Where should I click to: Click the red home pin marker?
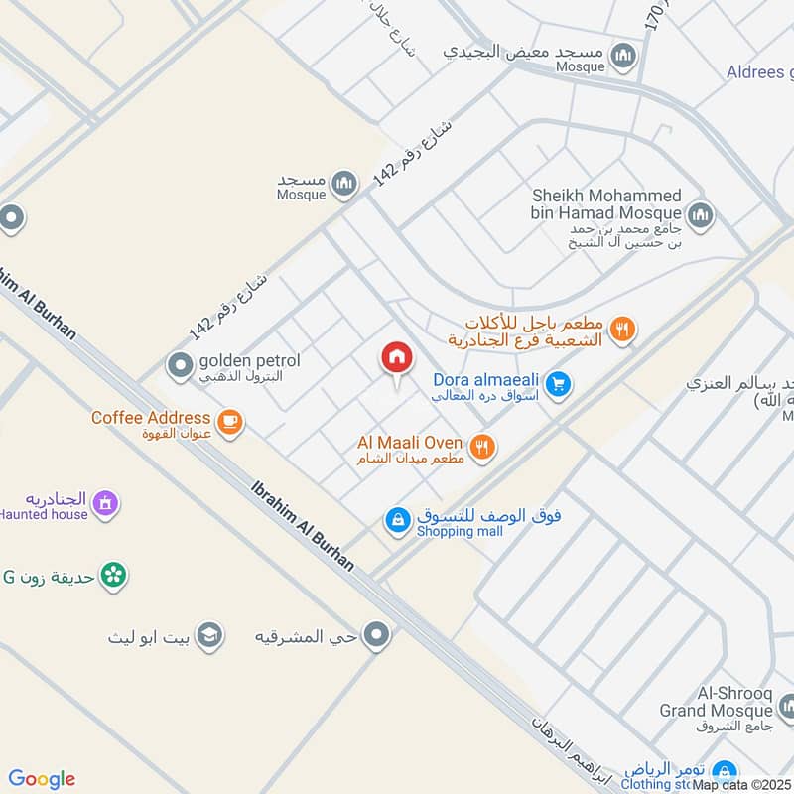396,359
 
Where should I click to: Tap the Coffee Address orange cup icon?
230,422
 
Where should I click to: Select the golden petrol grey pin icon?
180,367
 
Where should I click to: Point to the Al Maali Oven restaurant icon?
482,447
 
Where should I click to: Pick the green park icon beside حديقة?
113,575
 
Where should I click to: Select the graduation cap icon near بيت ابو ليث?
208,635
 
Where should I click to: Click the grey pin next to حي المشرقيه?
376,635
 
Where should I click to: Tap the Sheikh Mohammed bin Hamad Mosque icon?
700,214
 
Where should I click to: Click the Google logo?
42,778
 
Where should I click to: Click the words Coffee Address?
151,418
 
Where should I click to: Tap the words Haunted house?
44,514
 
